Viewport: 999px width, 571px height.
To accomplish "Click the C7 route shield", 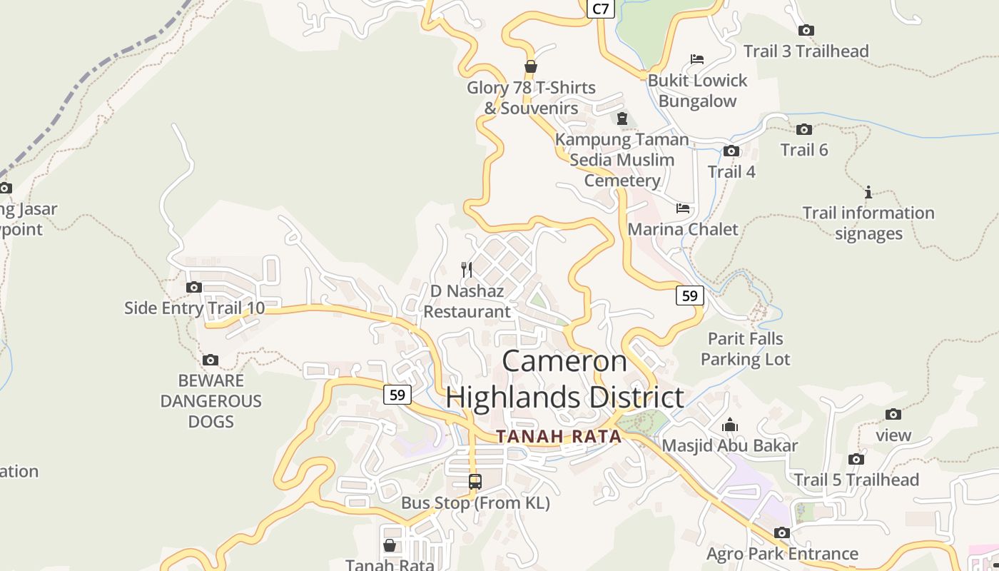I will [601, 9].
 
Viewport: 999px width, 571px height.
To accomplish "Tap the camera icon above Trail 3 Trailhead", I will [806, 30].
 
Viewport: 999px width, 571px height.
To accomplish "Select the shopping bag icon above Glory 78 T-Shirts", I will [530, 66].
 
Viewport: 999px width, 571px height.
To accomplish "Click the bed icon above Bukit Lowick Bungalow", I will [697, 59].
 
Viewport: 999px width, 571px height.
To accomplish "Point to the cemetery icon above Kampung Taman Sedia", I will [622, 118].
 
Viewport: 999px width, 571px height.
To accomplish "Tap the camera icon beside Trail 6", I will [804, 129].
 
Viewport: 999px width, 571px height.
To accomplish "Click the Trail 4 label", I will [731, 171].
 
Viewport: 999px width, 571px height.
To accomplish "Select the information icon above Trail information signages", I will [868, 192].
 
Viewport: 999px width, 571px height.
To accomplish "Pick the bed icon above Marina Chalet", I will [683, 208].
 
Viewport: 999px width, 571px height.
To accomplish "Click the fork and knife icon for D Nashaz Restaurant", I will [467, 269].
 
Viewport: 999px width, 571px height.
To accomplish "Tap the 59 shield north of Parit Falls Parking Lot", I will [689, 295].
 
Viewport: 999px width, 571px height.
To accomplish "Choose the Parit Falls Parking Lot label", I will [746, 349].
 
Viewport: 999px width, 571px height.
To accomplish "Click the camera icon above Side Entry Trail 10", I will [193, 287].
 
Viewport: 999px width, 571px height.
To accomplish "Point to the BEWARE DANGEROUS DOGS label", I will [211, 400].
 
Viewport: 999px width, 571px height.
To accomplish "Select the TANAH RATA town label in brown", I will [559, 436].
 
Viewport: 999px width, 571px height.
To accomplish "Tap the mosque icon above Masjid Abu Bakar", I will [729, 425].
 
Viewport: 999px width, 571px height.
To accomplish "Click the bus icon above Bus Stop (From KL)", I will [475, 482].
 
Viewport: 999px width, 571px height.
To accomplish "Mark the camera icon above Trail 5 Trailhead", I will [856, 459].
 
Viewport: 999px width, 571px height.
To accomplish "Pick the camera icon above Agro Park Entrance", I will [782, 532].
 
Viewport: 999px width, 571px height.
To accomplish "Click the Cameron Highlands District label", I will [564, 379].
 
